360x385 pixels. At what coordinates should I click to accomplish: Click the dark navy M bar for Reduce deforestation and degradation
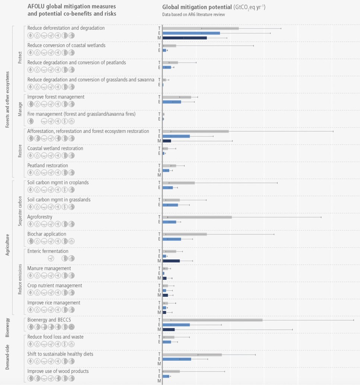tap(184, 38)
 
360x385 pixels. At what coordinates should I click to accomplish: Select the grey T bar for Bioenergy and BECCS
tap(212, 320)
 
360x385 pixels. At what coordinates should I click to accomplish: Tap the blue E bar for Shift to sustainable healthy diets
tap(177, 359)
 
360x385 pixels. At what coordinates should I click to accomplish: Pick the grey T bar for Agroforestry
tap(197, 217)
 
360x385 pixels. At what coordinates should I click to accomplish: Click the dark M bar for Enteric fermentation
tap(171, 261)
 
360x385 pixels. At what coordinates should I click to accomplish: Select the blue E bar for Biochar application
tap(172, 239)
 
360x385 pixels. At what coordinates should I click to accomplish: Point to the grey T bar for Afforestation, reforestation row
tap(196, 131)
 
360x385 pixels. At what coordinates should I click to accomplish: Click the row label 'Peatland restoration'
tap(48, 166)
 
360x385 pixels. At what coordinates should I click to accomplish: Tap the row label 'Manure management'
tap(49, 269)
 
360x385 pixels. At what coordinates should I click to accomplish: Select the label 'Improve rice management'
tap(54, 303)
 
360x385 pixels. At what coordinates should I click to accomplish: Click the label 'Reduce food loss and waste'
tap(55, 337)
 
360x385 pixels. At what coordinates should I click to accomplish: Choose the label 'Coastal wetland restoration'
tap(55, 148)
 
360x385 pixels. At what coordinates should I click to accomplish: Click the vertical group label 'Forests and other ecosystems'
tap(7, 100)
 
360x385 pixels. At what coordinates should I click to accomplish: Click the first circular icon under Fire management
tap(31, 121)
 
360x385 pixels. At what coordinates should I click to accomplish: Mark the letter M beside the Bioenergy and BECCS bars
tap(159, 330)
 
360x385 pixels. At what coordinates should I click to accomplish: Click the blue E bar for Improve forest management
tap(172, 102)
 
